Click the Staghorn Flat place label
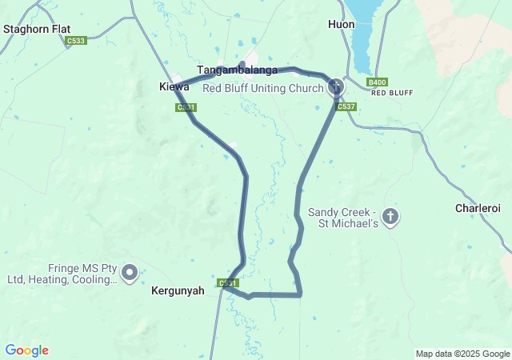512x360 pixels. pos(37,29)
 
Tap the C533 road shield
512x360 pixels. pos(77,40)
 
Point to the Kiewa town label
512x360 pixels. pos(174,86)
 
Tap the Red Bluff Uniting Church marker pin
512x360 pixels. pos(336,86)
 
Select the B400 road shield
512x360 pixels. pos(377,82)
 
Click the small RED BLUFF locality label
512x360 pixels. pos(392,93)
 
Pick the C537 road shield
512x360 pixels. pos(346,106)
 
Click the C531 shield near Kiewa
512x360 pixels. pos(186,106)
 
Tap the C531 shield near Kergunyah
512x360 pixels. pos(229,283)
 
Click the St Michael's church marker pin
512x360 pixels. pos(390,216)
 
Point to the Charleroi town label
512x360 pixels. pos(478,208)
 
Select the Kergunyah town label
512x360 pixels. pos(178,292)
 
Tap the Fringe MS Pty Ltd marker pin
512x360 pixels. pos(129,273)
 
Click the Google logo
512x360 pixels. pos(26,350)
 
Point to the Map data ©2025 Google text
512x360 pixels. pos(462,354)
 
